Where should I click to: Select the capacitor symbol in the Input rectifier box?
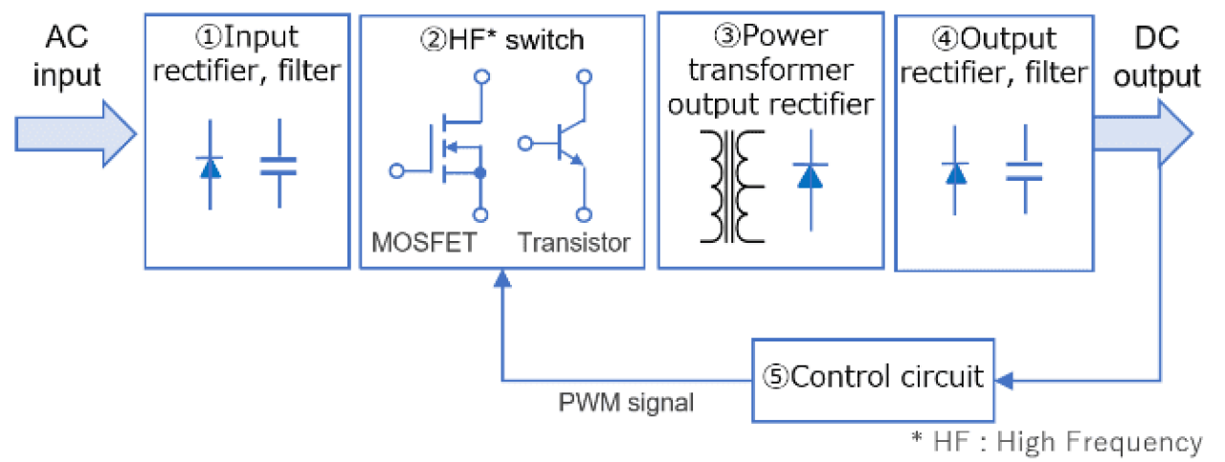(278, 164)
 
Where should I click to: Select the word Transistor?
(574, 242)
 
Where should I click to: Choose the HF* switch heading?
(501, 40)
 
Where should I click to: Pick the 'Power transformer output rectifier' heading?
(770, 71)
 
